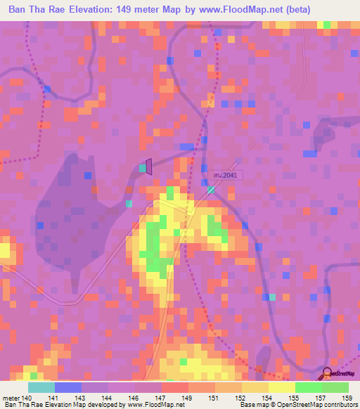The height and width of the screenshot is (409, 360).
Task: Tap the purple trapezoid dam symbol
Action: coord(149,167)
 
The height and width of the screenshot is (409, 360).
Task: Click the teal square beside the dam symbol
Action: coord(143,168)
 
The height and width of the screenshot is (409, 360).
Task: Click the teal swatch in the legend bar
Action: coord(41,387)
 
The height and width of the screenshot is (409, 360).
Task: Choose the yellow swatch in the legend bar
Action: coord(281,387)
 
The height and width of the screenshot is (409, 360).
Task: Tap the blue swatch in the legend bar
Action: coord(67,387)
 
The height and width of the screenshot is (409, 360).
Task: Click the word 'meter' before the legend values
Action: coord(11,398)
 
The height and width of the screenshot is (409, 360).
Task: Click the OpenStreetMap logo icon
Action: coord(328,373)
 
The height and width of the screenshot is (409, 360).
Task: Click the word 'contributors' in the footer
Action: coord(340,405)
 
